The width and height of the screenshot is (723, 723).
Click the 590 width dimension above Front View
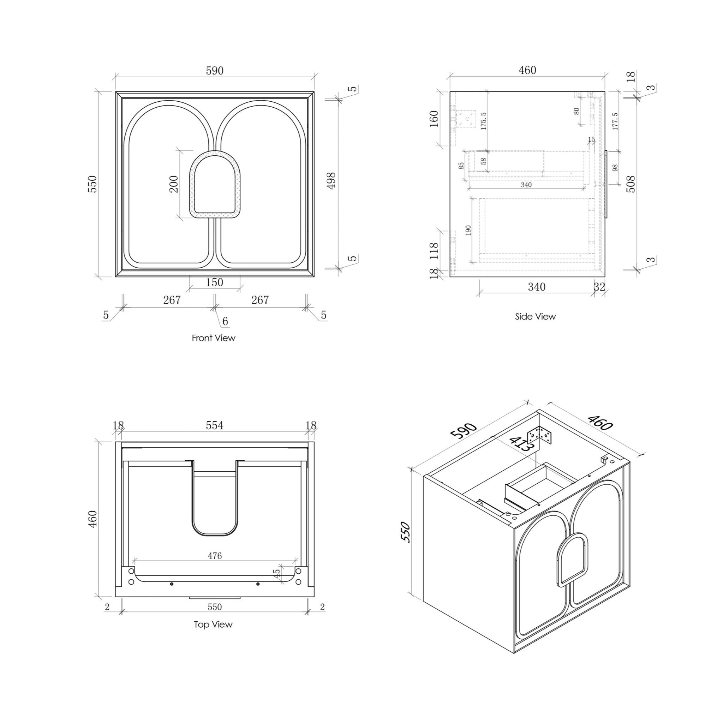(214, 70)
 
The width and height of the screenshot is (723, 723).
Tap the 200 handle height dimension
(174, 184)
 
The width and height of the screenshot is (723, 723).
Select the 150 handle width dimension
(214, 282)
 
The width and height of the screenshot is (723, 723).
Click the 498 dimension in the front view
(331, 181)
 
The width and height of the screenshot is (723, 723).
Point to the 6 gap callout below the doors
(225, 321)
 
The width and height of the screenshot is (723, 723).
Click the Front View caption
(213, 338)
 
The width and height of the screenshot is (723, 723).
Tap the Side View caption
(535, 317)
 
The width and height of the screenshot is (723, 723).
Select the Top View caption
(213, 624)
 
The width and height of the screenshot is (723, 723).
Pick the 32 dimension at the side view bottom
(599, 287)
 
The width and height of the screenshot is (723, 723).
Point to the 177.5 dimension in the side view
(615, 121)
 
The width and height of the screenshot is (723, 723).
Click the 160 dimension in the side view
(434, 119)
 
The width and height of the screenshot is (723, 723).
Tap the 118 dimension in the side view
(434, 251)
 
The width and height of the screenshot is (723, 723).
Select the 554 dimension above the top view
(214, 425)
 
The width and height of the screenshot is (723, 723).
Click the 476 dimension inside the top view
(214, 556)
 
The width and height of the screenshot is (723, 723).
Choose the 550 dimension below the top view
(214, 607)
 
